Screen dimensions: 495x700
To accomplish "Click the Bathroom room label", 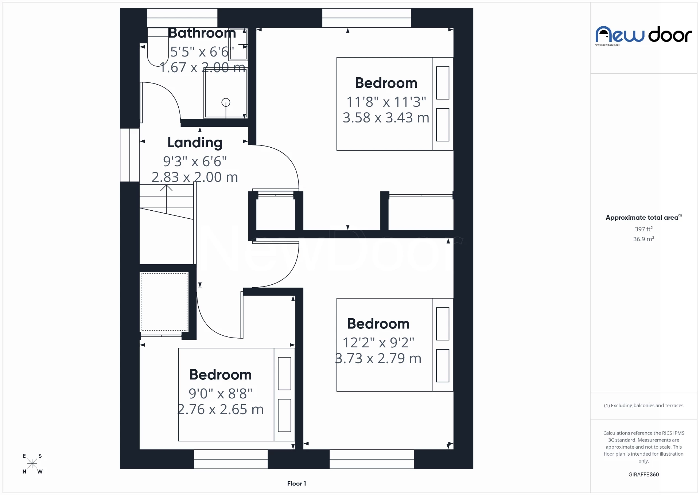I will [202, 33].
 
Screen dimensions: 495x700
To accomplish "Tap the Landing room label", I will [195, 143].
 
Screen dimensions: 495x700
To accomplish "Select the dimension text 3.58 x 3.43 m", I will [386, 118].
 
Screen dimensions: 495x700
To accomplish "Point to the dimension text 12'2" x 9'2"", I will [378, 343].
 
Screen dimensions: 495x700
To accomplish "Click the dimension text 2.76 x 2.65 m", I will [221, 409].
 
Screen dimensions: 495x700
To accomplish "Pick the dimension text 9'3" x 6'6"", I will [195, 161].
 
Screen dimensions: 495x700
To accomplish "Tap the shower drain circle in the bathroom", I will [226, 102].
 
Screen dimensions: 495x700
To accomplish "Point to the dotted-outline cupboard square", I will [164, 302].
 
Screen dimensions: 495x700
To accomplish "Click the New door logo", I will [643, 35].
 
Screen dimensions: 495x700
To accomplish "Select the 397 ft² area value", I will [643, 229].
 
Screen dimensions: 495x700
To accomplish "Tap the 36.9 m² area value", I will [643, 239].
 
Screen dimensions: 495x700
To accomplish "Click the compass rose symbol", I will [32, 464].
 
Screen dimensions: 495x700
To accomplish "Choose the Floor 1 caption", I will [296, 484].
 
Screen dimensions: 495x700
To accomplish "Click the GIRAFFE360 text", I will [643, 475].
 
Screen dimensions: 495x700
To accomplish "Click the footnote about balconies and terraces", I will [643, 406].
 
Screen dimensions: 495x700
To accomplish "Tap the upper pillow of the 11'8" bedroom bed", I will [443, 83].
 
